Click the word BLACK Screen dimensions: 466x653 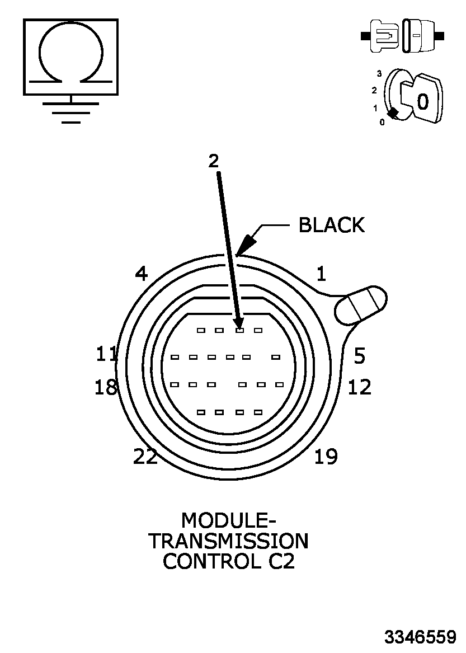pyautogui.click(x=331, y=225)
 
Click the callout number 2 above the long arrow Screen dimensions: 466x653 pyautogui.click(x=213, y=161)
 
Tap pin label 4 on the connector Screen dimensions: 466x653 pyautogui.click(x=141, y=274)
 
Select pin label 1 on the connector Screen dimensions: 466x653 pyautogui.click(x=321, y=274)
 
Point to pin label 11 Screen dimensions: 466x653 pyautogui.click(x=106, y=354)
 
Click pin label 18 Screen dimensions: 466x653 pyautogui.click(x=106, y=387)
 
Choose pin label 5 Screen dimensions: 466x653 pyautogui.click(x=359, y=355)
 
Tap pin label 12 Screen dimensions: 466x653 pyautogui.click(x=359, y=387)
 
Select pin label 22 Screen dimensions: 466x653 pyautogui.click(x=145, y=457)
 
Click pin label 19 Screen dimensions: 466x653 pyautogui.click(x=326, y=457)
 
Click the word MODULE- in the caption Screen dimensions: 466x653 pyautogui.click(x=228, y=520)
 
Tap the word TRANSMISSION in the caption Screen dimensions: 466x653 pyautogui.click(x=228, y=541)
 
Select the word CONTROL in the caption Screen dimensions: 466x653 pyautogui.click(x=209, y=561)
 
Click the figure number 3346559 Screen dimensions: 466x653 pyautogui.click(x=420, y=637)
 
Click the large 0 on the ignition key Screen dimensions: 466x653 pyautogui.click(x=423, y=101)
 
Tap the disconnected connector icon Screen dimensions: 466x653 pyautogui.click(x=403, y=35)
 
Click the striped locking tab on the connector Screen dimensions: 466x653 pyautogui.click(x=361, y=305)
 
